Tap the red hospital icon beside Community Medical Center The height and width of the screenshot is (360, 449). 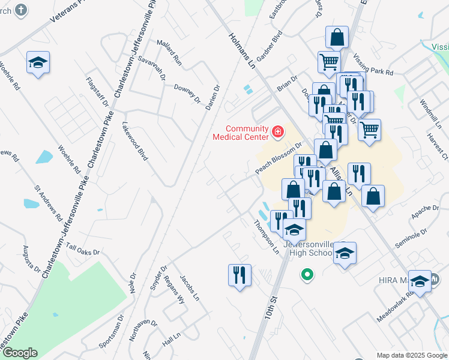(x=277, y=131)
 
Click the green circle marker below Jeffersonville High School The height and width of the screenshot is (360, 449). (x=307, y=275)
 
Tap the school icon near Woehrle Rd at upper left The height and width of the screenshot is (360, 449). (x=38, y=62)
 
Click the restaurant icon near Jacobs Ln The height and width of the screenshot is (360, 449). (x=240, y=275)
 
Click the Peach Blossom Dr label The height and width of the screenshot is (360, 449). (x=278, y=158)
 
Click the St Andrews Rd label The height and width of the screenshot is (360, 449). (x=49, y=202)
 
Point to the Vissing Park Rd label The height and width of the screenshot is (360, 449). (x=373, y=64)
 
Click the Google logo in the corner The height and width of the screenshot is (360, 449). (x=20, y=353)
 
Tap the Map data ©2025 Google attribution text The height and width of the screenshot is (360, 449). (x=411, y=355)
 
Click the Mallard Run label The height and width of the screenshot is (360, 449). (x=169, y=52)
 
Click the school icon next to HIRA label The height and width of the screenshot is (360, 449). (x=420, y=281)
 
